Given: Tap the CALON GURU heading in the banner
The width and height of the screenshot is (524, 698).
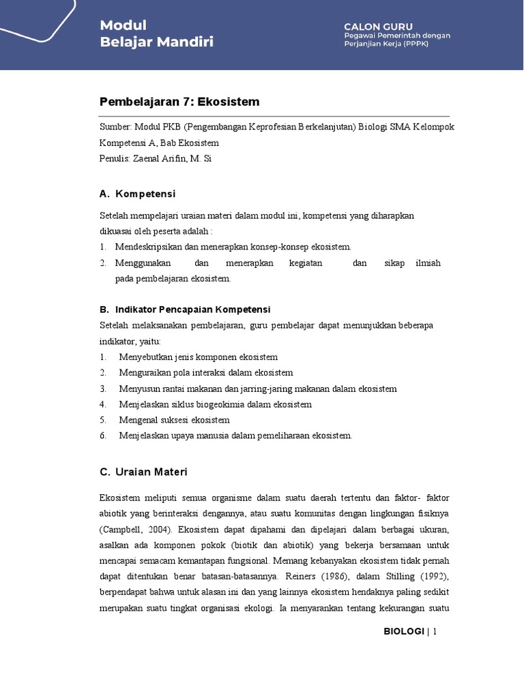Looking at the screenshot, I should coord(378,26).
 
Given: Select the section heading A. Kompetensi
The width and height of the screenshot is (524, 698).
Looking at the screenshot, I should coord(137,194).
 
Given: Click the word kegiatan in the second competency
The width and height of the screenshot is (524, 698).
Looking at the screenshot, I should coord(306,262).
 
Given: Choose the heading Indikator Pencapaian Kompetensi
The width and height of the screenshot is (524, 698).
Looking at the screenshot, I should coord(193,309).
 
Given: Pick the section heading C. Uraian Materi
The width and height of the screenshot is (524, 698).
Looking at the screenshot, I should coord(143,472).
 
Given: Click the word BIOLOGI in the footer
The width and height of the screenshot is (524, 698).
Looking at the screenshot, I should coord(404,631).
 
